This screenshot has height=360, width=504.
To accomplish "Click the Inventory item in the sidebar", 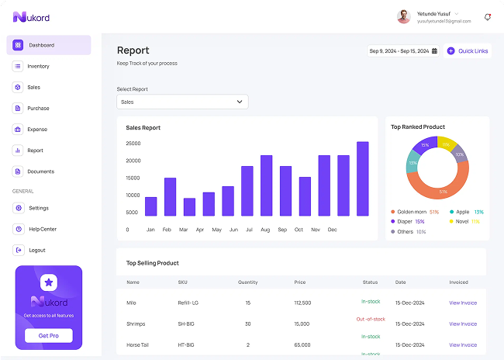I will click(38, 67).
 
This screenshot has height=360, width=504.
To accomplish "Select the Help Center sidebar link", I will click(42, 229).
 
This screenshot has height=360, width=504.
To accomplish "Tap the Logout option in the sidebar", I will click(36, 250).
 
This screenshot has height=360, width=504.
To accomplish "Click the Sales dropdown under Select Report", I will click(182, 102).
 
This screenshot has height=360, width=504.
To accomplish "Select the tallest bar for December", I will click(362, 178).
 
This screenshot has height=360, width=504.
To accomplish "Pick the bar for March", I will click(189, 206).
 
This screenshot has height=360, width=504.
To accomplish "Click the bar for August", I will click(266, 185).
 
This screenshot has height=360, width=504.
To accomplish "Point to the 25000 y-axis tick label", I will click(133, 144).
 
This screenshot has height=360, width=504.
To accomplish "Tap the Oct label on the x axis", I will click(299, 230).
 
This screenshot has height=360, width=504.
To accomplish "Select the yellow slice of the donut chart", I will click(445, 144).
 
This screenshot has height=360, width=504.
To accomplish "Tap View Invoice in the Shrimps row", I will click(463, 324).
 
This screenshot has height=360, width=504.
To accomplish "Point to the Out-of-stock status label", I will click(371, 319).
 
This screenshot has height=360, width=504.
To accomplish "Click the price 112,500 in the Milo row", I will click(302, 303).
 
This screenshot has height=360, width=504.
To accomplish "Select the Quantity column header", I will click(247, 282).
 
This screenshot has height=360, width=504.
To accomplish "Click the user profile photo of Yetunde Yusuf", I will click(404, 16).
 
